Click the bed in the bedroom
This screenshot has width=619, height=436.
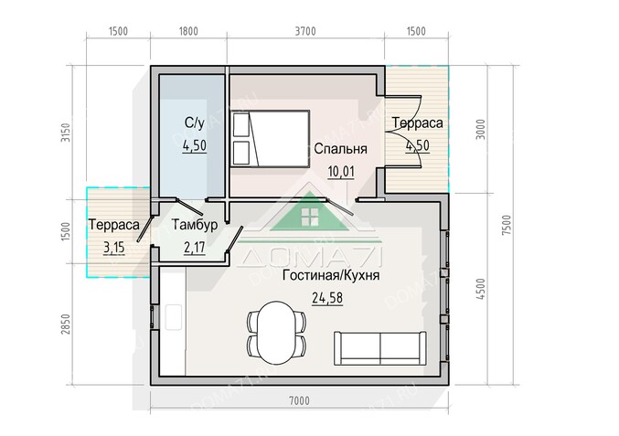(x=271, y=139)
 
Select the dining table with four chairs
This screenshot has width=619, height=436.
(x=275, y=333)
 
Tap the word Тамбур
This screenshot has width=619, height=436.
(x=194, y=226)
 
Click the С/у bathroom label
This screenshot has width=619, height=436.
(x=194, y=122)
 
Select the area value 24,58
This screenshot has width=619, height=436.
(x=326, y=297)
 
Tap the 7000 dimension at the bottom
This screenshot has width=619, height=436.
(x=299, y=399)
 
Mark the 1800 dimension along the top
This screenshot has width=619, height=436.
(x=188, y=31)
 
